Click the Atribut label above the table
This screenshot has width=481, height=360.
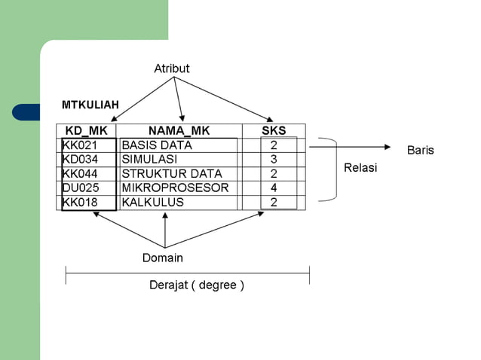click(171, 69)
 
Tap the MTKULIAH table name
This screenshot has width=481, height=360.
click(90, 105)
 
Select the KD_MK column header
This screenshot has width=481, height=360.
click(87, 130)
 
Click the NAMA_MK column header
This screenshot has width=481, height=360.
click(179, 130)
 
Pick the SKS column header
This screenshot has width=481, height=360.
click(274, 130)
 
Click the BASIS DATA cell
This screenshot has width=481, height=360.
click(157, 145)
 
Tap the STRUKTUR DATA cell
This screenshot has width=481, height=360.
click(172, 173)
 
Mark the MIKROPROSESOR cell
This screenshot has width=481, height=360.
click(175, 188)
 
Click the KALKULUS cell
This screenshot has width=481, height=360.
click(153, 202)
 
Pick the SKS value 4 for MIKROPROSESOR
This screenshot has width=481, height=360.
click(274, 188)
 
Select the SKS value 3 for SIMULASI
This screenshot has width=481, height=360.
click(274, 159)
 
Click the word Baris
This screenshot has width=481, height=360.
click(421, 151)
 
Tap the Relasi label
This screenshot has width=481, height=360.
click(360, 168)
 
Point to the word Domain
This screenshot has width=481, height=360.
click(163, 258)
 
